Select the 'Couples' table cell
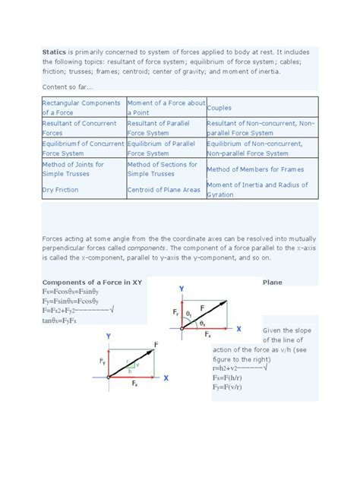pyautogui.click(x=222, y=108)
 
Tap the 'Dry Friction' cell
pyautogui.click(x=61, y=190)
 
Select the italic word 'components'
pyautogui.click(x=146, y=248)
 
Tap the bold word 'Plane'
pyautogui.click(x=273, y=283)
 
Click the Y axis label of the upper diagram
pyautogui.click(x=182, y=289)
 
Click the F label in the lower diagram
pyautogui.click(x=156, y=344)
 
